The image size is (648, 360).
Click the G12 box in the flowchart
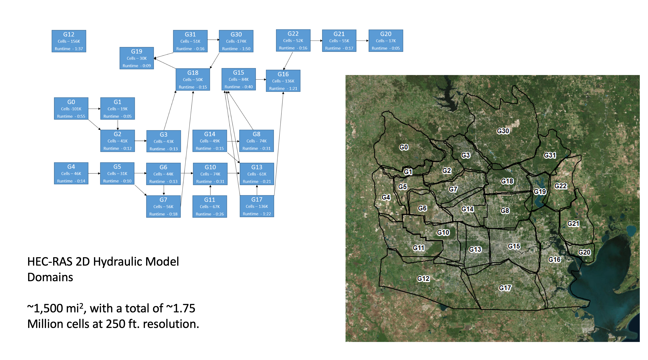69,41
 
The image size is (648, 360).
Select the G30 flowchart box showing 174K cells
236,41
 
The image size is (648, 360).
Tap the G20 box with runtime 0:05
386,41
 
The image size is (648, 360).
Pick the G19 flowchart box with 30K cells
137,58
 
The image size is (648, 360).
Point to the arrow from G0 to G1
94,109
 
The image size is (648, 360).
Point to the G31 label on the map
550,155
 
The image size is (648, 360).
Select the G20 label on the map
584,252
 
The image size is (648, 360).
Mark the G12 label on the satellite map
423,279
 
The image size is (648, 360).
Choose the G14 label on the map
467,209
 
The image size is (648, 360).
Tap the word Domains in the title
50,277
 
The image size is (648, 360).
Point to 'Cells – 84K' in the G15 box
238,79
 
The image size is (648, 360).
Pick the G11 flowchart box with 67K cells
210,206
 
